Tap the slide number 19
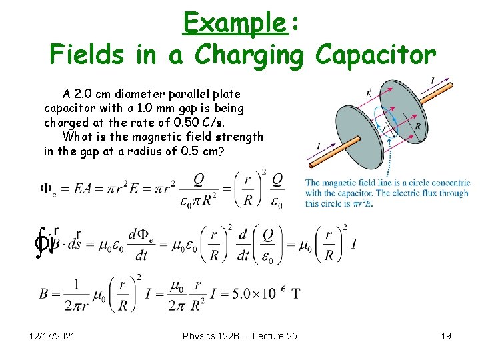[446, 336]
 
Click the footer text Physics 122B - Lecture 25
[240, 336]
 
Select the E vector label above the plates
[369, 93]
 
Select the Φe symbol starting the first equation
[48, 189]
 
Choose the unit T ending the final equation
[295, 291]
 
